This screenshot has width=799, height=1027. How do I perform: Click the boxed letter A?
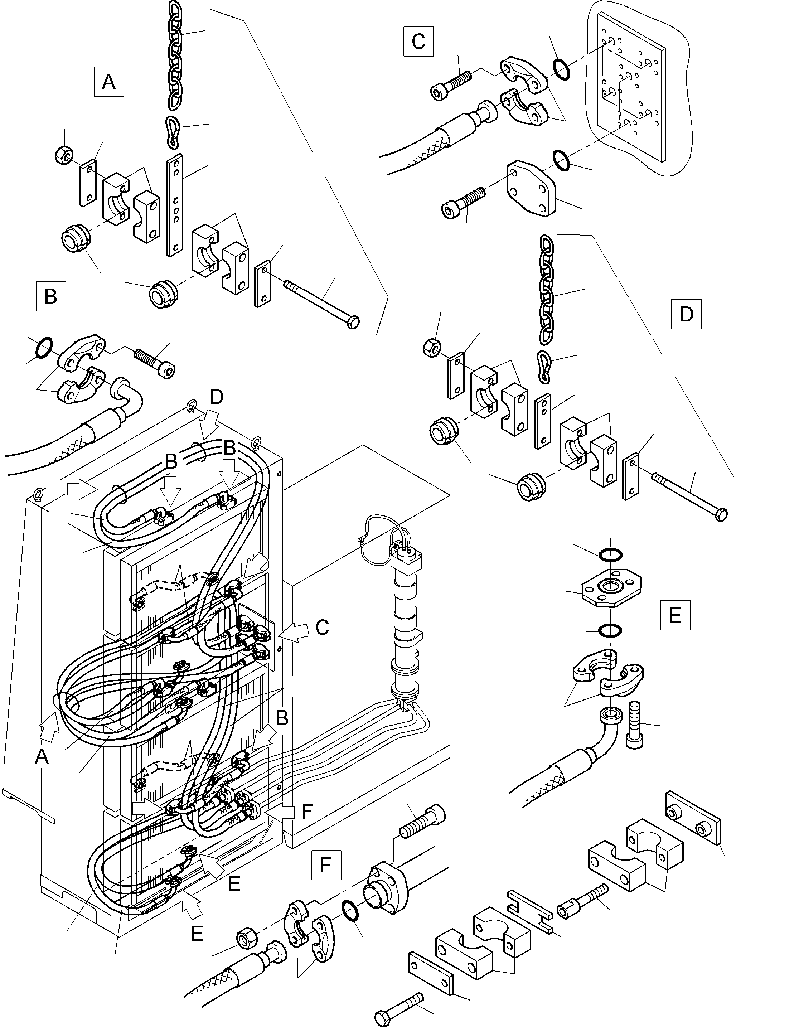pyautogui.click(x=108, y=82)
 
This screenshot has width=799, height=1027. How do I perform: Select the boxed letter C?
pyautogui.click(x=418, y=42)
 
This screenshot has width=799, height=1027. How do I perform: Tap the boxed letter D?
pyautogui.click(x=686, y=314)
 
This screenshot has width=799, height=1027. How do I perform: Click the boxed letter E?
pyautogui.click(x=675, y=615)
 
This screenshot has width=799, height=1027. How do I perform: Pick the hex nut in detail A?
pyautogui.click(x=63, y=153)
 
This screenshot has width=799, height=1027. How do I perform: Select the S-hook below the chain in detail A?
pyautogui.click(x=172, y=132)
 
